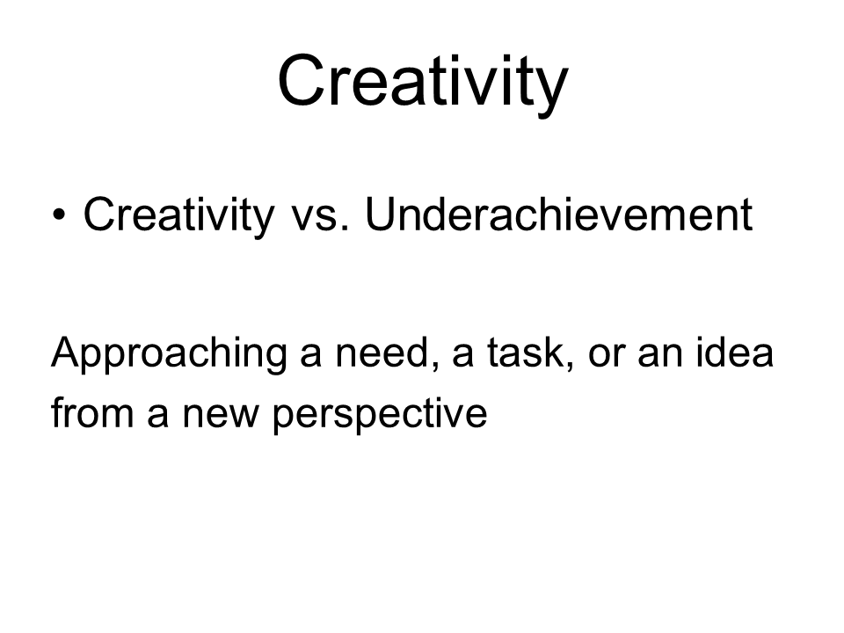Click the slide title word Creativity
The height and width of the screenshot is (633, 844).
423,84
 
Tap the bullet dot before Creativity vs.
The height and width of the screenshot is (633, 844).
59,215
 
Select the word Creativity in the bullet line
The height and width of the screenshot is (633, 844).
178,216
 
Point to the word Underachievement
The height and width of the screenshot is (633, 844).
559,215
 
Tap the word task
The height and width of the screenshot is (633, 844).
526,353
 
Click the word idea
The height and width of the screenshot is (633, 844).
735,353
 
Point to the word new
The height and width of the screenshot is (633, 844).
221,417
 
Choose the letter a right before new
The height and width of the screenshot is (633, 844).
157,417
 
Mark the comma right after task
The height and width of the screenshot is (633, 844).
570,368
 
